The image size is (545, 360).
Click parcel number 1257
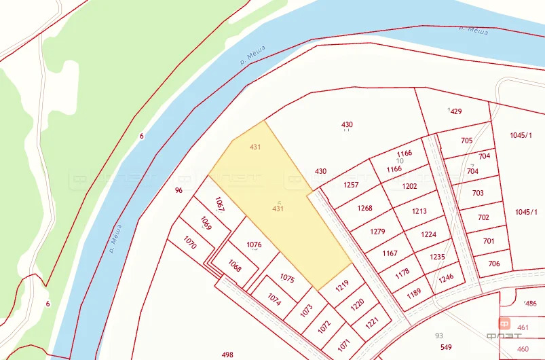tap(351, 185)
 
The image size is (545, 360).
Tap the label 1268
tap(364, 209)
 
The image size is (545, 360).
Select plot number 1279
tap(377, 232)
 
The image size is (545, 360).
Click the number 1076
tap(254, 245)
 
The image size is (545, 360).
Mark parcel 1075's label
tap(287, 278)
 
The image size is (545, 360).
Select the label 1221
tap(372, 322)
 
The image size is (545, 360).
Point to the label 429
tap(455, 111)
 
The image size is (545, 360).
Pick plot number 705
tap(466, 141)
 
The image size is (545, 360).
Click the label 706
tap(493, 264)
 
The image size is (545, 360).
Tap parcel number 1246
tap(446, 278)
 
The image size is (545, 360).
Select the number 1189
tap(413, 293)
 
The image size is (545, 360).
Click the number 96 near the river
tap(178, 190)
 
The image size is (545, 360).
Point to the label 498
tap(227, 355)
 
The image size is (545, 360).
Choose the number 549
tap(446, 347)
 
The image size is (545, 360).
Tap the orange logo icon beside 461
tap(505, 324)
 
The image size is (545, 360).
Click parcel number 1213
tap(419, 211)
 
